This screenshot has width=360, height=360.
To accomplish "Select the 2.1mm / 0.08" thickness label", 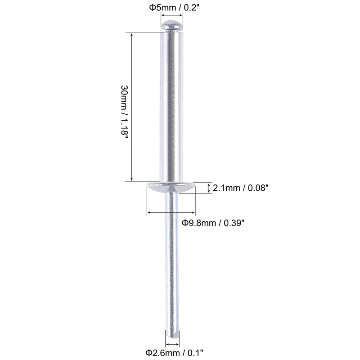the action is coord(241,188).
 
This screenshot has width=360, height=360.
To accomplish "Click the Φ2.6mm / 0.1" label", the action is coord(175,352).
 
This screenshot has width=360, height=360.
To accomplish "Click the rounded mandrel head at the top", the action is coord(172,26).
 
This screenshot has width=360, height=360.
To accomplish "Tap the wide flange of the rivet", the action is coord(171,187).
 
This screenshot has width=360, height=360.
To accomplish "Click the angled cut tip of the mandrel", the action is coord(173,334).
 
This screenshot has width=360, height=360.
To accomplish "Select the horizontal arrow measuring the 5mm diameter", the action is coord(172,16).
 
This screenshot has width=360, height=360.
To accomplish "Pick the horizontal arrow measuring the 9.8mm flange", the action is coord(171,212).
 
